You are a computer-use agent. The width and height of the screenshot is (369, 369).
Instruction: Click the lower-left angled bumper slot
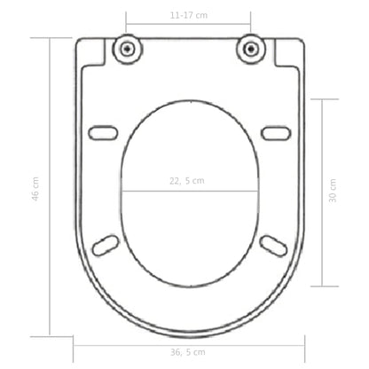tap(107, 245)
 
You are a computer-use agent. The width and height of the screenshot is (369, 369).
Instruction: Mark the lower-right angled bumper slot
tap(272, 245)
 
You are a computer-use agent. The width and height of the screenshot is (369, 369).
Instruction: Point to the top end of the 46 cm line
tap(49, 37)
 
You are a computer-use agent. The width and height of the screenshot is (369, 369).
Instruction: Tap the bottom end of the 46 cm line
tap(49, 335)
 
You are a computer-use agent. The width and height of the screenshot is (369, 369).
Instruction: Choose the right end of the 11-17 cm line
tap(251, 24)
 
